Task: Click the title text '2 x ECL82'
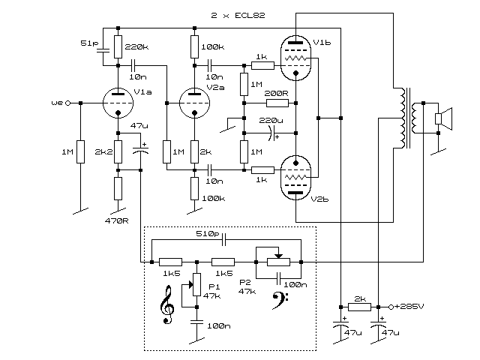pyautogui.click(x=238, y=15)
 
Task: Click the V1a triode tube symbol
pyautogui.click(x=118, y=103)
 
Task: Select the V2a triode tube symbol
pyautogui.click(x=194, y=103)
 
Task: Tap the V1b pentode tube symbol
pyautogui.click(x=295, y=58)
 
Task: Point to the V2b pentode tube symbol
pyautogui.click(x=295, y=178)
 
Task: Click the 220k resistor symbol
pyautogui.click(x=118, y=46)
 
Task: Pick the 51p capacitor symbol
pyautogui.click(x=103, y=50)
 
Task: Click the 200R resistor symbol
pyautogui.click(x=277, y=103)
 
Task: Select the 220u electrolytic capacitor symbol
pyautogui.click(x=271, y=133)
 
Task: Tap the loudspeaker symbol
pyautogui.click(x=444, y=118)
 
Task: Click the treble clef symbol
pyautogui.click(x=167, y=304)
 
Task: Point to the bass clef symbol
pyautogui.click(x=280, y=301)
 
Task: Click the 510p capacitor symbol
pyautogui.click(x=223, y=240)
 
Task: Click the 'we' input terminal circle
pyautogui.click(x=68, y=103)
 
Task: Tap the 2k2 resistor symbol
pyautogui.click(x=118, y=151)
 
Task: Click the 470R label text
pyautogui.click(x=117, y=220)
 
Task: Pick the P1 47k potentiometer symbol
pyautogui.click(x=196, y=285)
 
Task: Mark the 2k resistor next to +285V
pyautogui.click(x=360, y=307)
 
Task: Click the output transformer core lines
pyautogui.click(x=408, y=118)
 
